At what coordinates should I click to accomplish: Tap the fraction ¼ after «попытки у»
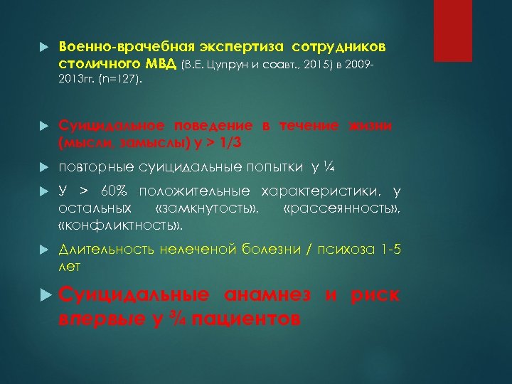[x=327, y=167]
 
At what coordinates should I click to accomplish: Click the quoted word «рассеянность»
[x=341, y=209]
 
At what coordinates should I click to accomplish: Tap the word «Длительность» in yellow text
[x=97, y=251]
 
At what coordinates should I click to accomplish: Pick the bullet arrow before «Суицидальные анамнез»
[x=44, y=295]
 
